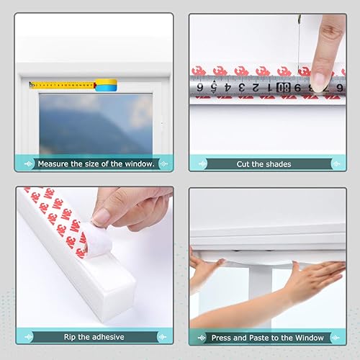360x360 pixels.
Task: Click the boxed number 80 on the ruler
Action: tap(287, 88)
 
